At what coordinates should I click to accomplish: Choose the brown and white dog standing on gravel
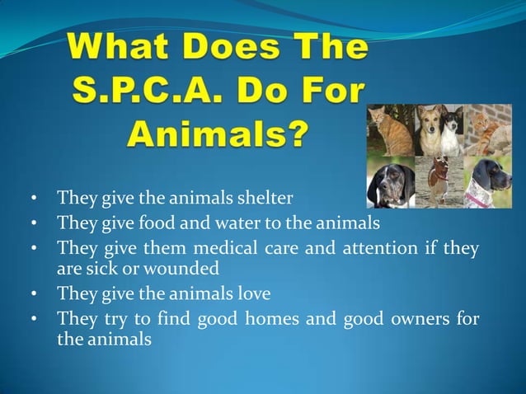coord(436,181)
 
